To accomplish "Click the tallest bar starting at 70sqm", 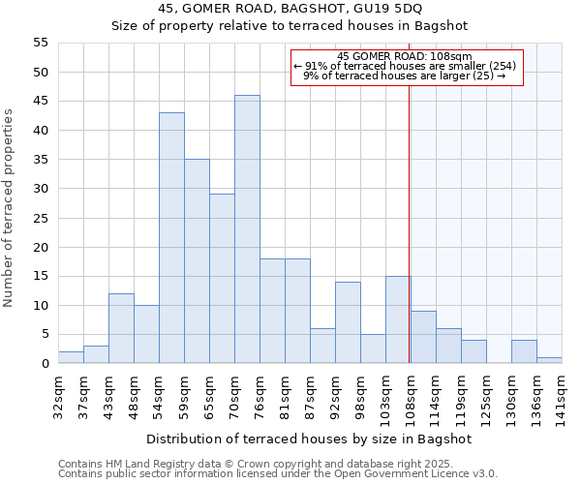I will coord(247,229).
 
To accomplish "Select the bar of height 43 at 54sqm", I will coord(171,238).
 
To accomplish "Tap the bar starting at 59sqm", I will coord(197,261).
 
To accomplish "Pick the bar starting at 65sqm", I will coord(222,279).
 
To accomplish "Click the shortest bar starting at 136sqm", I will coord(549,361).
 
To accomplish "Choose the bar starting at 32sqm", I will coord(71,358).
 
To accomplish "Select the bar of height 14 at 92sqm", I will coord(348,322).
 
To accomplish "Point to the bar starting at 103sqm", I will coord(398,319).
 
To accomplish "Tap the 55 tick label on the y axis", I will coord(41,43).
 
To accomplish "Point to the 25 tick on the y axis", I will coord(41,218).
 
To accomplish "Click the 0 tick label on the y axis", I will coord(45,364).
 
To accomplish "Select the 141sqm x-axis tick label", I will coord(562,396).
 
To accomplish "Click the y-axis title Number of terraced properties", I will coord(9,207).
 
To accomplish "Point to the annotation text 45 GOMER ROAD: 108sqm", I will coord(405,56).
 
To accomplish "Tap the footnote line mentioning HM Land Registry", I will coord(276,464).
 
